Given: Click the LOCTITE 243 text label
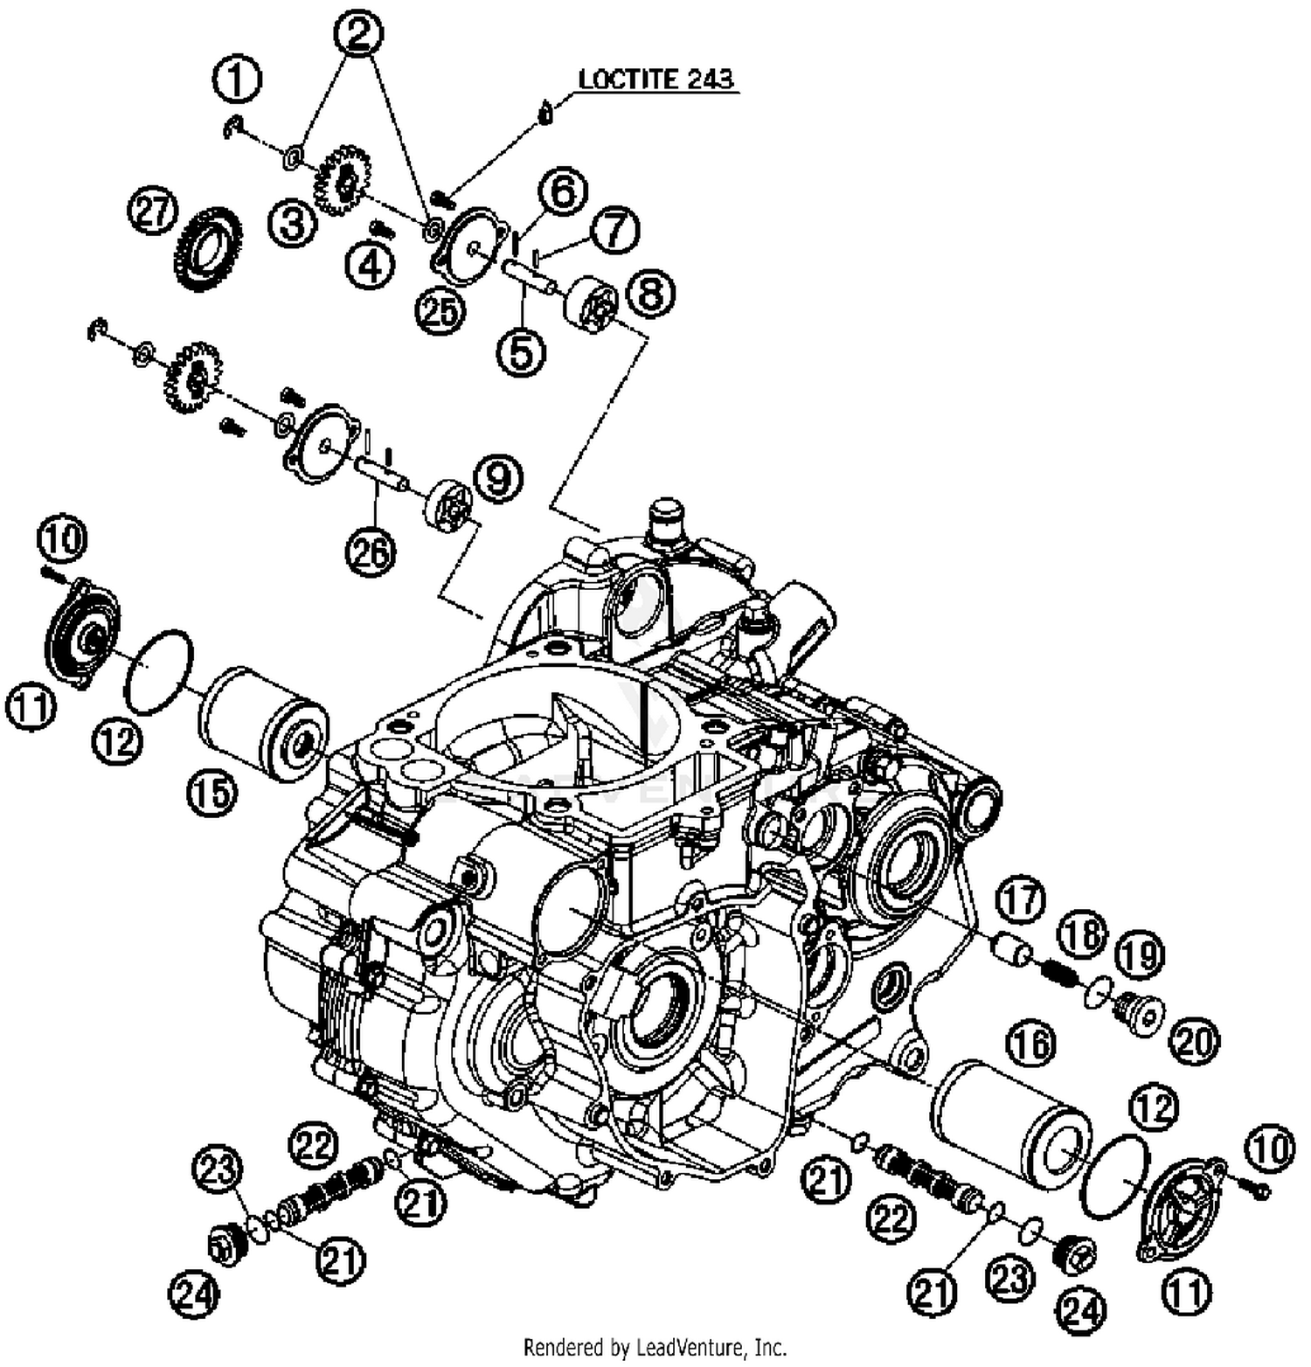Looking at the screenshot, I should tap(655, 79).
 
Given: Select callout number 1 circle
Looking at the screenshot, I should tap(237, 80).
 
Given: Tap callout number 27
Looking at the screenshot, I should tap(153, 213).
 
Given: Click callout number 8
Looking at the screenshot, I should tap(651, 293).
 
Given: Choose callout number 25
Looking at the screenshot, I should tap(440, 309).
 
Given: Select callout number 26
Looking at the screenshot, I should tap(371, 552).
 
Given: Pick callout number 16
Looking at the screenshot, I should tap(1031, 1043).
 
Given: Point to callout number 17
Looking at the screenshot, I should tap(1021, 900).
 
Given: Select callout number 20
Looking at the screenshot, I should tap(1194, 1041).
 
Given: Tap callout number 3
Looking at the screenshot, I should tap(292, 224).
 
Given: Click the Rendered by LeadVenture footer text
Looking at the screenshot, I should tap(655, 1347).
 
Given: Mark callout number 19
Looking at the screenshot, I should tap(1140, 955).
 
